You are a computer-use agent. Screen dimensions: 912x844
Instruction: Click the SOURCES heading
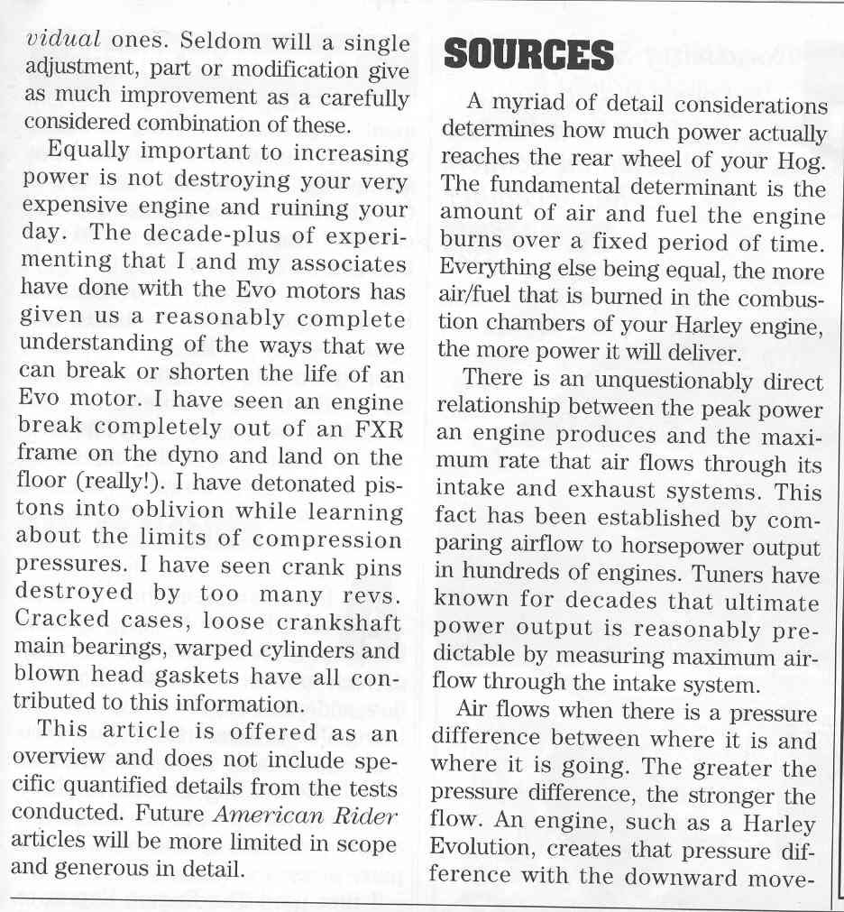(x=529, y=57)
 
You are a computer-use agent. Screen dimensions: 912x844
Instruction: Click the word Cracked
(x=65, y=622)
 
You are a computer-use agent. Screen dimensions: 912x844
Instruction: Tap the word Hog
(x=803, y=161)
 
